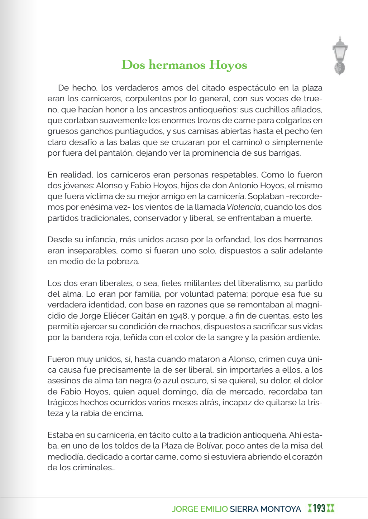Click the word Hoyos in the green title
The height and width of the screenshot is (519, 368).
[x=228, y=65]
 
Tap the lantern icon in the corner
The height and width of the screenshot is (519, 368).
[x=340, y=55]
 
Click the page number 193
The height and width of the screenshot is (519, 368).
[x=319, y=508]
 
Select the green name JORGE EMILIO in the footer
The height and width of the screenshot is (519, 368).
[x=200, y=509]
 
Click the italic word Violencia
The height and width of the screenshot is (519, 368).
[x=244, y=207]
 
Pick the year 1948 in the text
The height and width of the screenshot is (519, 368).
[x=178, y=316]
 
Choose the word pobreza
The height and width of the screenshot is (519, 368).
[x=123, y=262]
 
